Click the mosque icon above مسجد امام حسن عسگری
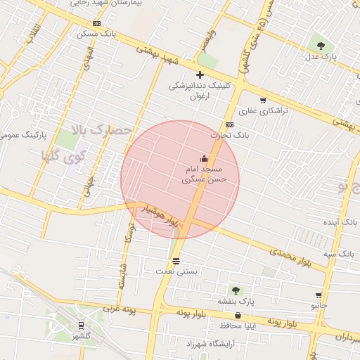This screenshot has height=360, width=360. point(204,158)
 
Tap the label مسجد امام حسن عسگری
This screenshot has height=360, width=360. point(204,174)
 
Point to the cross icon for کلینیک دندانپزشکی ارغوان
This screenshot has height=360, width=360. point(200,75)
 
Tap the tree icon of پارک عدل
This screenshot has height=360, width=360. point(321,46)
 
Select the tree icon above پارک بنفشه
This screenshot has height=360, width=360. point(236,290)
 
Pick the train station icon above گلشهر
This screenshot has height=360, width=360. point(82,326)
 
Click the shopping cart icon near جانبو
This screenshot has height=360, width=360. point(319,296)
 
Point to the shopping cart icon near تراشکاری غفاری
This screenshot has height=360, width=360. point(263,101)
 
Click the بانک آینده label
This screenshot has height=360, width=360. point(340,221)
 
